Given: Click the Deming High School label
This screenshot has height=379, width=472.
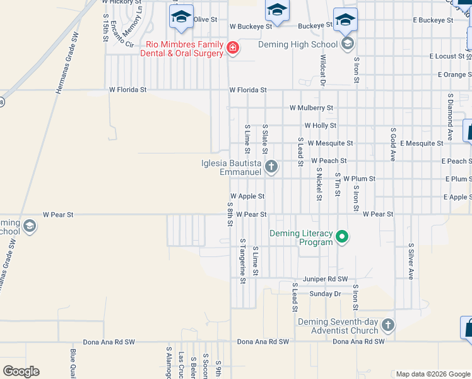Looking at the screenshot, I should pyautogui.click(x=298, y=44).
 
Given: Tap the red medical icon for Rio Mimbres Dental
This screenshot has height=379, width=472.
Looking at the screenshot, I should pyautogui.click(x=233, y=48).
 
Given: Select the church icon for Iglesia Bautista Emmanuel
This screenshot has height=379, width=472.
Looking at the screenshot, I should pyautogui.click(x=271, y=167).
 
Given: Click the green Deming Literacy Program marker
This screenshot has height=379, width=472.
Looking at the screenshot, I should pyautogui.click(x=342, y=238).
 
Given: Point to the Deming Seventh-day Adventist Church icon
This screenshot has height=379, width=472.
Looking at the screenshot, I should pyautogui.click(x=387, y=325).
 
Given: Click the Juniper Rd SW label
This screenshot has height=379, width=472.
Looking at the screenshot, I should pyautogui.click(x=325, y=279).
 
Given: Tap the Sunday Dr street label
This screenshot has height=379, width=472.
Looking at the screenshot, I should pyautogui.click(x=325, y=294).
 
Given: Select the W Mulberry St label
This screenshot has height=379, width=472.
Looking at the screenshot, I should pyautogui.click(x=311, y=108).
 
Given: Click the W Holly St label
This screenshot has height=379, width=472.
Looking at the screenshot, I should pyautogui.click(x=320, y=126).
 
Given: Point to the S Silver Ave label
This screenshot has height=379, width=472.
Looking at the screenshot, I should pyautogui.click(x=410, y=262).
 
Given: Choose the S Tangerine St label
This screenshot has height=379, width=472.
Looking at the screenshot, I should pyautogui.click(x=242, y=261).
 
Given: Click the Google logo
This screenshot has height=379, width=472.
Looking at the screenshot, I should pyautogui.click(x=20, y=371).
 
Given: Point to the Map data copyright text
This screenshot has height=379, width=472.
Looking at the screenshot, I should pyautogui.click(x=432, y=374).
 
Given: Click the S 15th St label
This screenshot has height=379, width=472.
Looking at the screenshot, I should pyautogui.click(x=105, y=27).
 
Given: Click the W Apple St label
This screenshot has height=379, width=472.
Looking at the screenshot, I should pyautogui.click(x=247, y=196).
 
